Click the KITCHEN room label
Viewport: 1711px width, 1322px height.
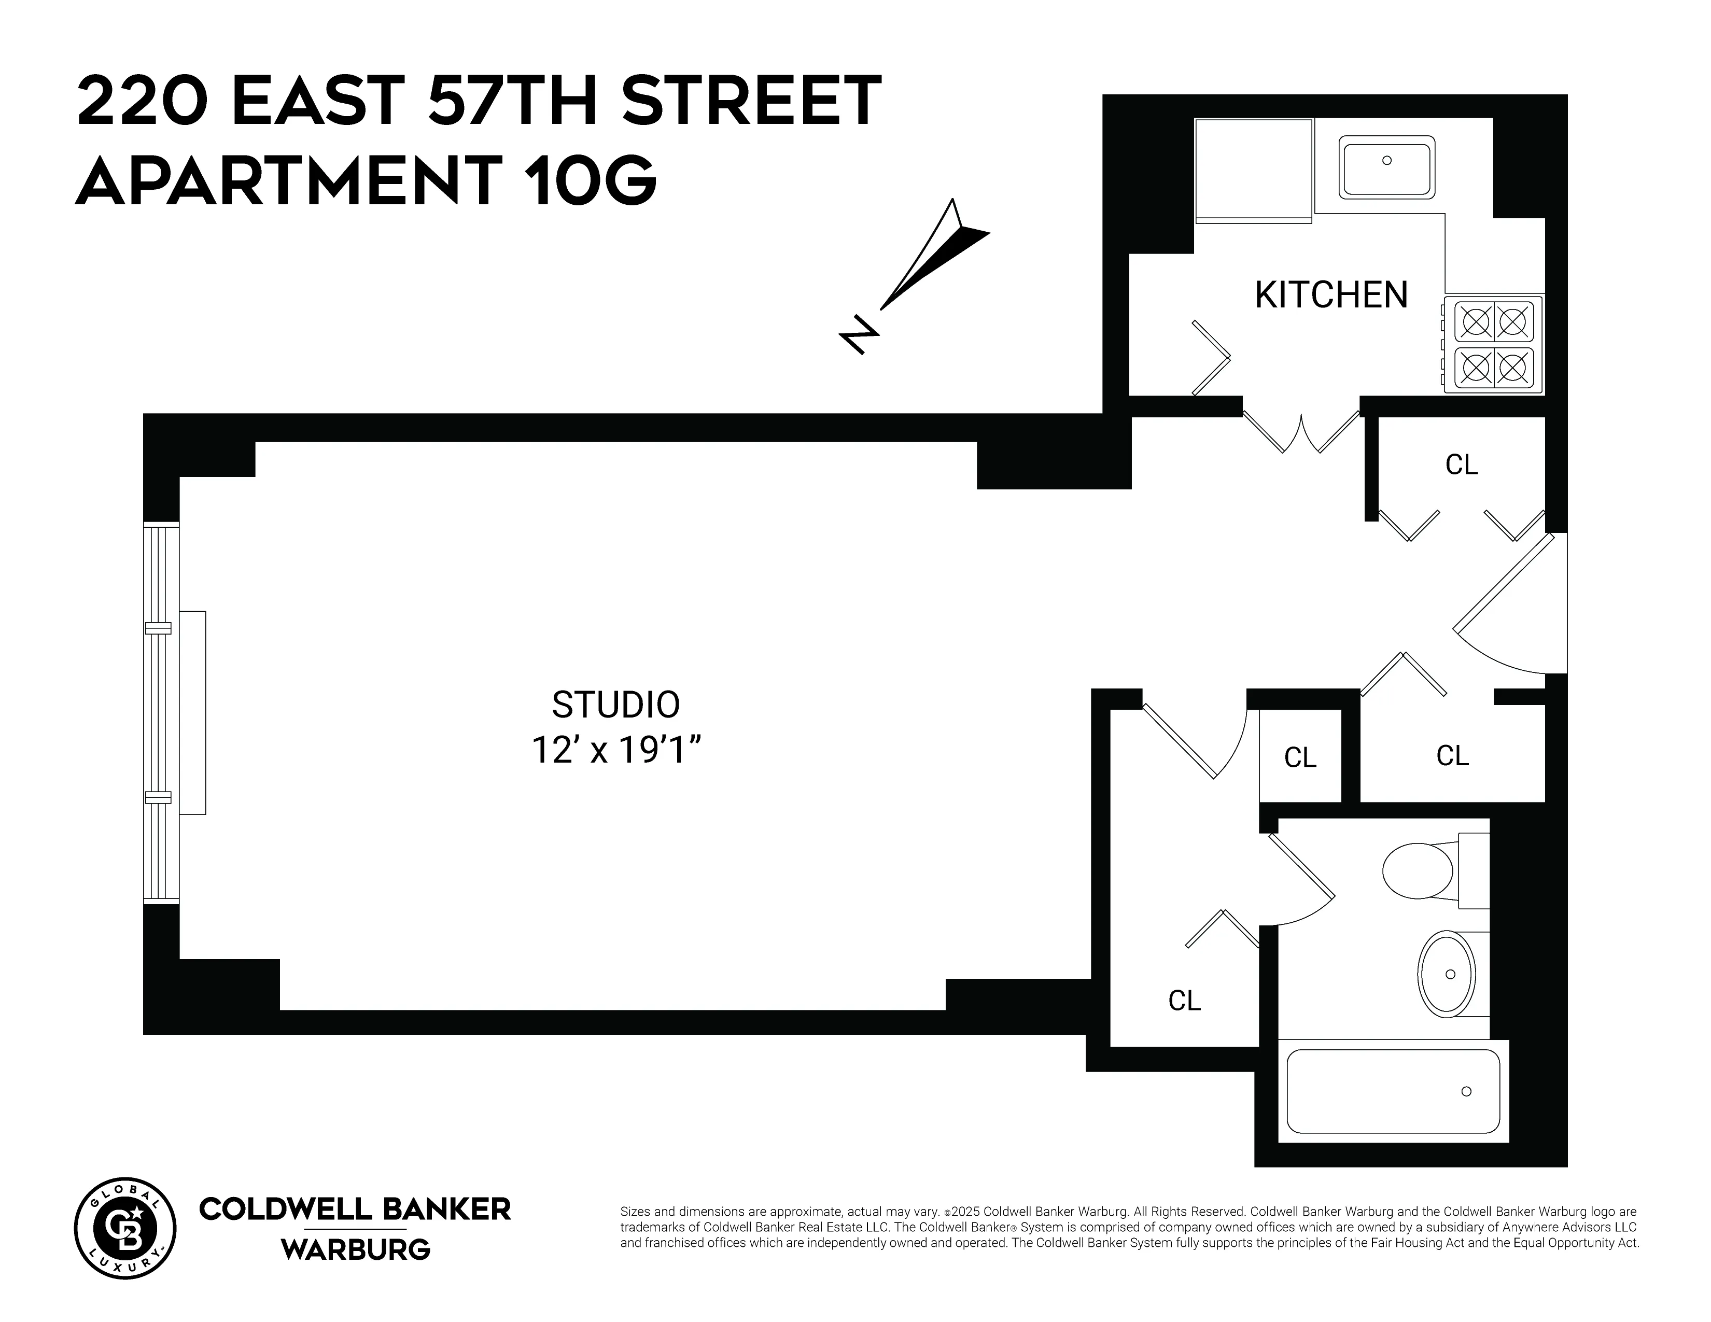[1331, 296]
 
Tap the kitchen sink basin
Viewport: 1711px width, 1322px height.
[1386, 167]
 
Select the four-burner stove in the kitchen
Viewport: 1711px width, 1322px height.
[1493, 345]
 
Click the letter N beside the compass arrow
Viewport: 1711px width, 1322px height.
[860, 335]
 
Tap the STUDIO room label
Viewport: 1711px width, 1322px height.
[616, 705]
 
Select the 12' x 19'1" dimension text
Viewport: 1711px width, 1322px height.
[616, 750]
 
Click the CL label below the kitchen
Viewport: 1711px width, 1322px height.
[1461, 465]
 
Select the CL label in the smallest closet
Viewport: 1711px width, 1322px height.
[1300, 758]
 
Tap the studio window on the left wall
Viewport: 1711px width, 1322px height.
[161, 713]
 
